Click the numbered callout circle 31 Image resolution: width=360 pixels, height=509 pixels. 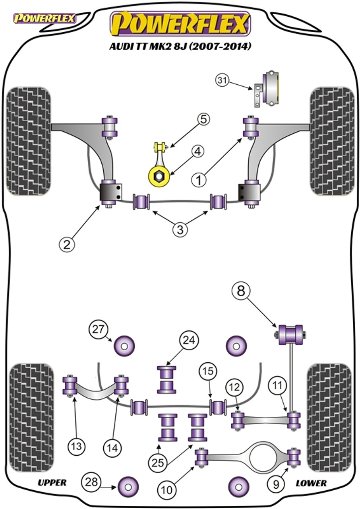tap(223, 80)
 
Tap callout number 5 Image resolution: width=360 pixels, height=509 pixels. tap(203, 120)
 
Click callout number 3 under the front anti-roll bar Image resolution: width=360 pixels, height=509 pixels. tap(180, 230)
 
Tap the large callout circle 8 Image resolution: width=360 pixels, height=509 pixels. tap(241, 291)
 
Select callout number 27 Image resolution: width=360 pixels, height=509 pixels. tap(98, 330)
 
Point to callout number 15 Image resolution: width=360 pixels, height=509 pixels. tap(208, 371)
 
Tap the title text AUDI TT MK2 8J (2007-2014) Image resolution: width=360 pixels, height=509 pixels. tap(180, 47)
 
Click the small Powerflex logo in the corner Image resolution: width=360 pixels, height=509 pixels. tap(44, 19)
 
